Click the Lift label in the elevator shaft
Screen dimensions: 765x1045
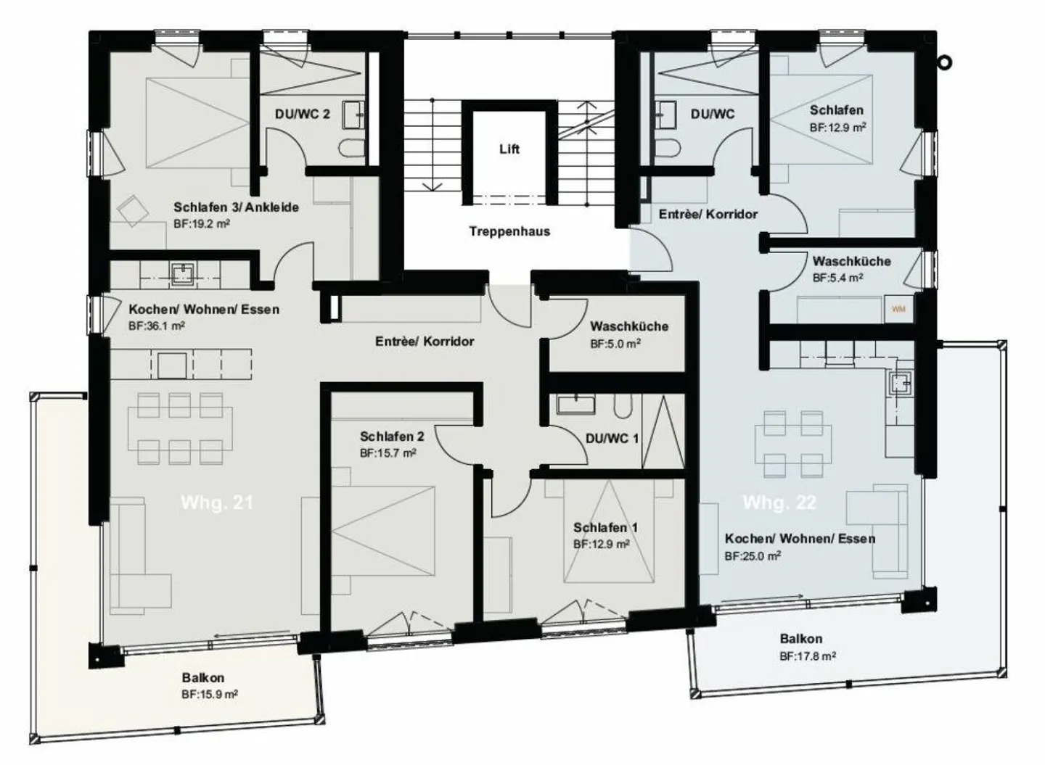click(509, 149)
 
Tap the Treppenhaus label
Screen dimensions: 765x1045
click(509, 232)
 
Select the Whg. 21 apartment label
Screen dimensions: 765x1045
click(217, 503)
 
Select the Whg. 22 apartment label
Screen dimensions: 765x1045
click(779, 503)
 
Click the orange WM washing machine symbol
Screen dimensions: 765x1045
click(898, 309)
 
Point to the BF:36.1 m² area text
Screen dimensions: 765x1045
click(157, 326)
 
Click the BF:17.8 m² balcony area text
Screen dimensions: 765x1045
click(808, 656)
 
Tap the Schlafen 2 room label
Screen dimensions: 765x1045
click(392, 437)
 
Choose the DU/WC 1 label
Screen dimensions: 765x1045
click(612, 439)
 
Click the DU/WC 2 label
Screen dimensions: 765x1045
click(302, 115)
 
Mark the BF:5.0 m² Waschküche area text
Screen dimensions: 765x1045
click(615, 344)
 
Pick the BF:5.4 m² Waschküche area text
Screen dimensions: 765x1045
click(837, 278)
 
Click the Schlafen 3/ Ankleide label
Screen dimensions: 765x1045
click(236, 207)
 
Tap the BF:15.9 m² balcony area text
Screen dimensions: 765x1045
click(210, 695)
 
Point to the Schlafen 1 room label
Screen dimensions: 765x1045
click(605, 528)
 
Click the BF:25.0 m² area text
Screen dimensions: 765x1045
click(753, 557)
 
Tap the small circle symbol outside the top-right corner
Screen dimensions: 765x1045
click(944, 63)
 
